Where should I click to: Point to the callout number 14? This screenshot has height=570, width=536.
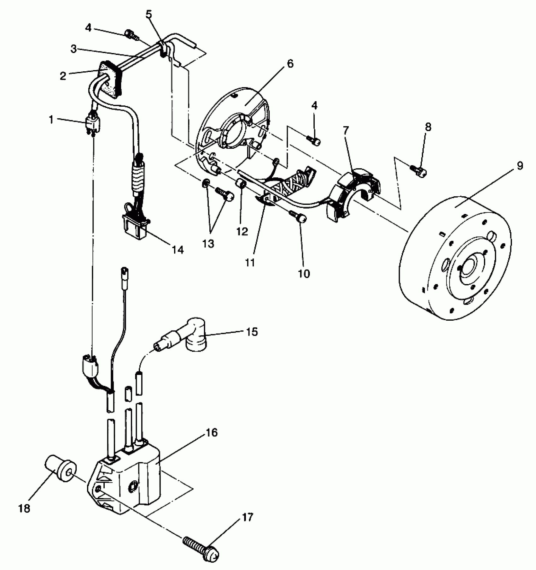tap(178, 250)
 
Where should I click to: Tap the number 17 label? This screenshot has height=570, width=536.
tap(248, 518)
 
